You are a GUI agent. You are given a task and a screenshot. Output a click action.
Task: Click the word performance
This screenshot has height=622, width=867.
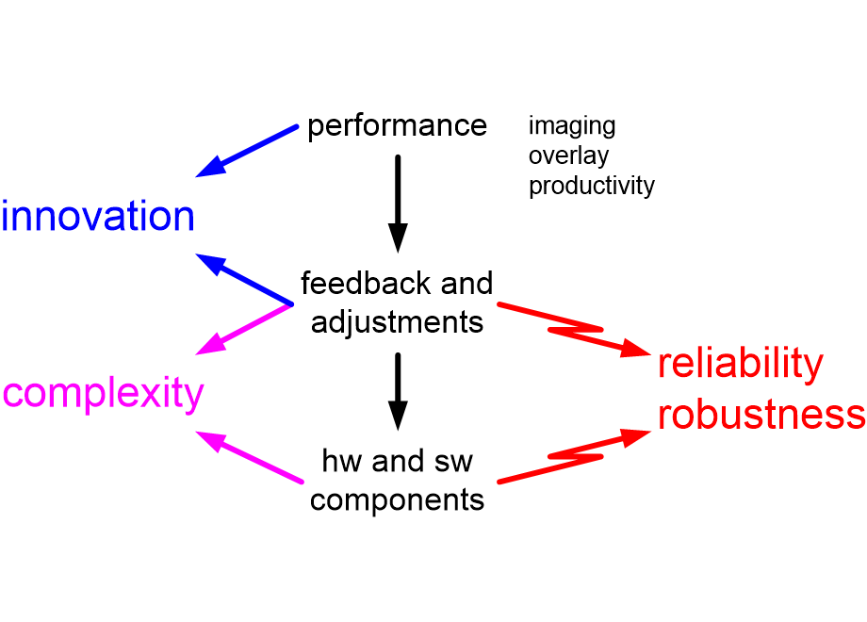(397, 126)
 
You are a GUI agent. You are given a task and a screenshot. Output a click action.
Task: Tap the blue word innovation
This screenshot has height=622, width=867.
(98, 217)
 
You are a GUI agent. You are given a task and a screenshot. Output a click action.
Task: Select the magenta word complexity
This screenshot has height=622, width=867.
(103, 393)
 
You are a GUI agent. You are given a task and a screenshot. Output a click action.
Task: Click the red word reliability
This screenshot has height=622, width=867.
(740, 365)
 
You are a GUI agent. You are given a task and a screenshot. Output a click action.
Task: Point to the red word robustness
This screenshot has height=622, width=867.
(761, 415)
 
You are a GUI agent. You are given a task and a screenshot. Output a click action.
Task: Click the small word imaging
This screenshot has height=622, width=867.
(572, 125)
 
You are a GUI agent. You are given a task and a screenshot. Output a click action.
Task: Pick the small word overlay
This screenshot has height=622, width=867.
(568, 155)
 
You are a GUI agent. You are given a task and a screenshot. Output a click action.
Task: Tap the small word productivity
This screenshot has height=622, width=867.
(591, 186)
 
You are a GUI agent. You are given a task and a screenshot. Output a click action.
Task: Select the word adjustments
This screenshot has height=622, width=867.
(397, 322)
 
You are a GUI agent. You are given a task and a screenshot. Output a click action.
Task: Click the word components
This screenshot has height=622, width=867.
(397, 499)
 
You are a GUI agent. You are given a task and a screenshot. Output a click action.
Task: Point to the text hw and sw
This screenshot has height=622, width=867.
(397, 462)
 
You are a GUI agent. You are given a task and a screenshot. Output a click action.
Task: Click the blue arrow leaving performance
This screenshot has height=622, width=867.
(247, 151)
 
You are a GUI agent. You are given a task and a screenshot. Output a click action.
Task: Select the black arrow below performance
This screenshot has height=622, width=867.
(398, 203)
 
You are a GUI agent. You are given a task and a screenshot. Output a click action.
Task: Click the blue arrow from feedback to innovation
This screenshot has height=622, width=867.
(245, 279)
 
